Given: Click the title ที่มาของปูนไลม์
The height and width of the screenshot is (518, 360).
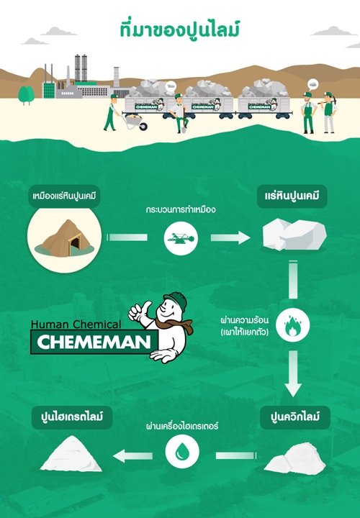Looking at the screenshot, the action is (179, 29).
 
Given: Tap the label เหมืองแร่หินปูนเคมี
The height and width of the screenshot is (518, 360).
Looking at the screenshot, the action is (64, 196).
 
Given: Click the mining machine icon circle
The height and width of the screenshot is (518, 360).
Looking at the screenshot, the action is (181, 238).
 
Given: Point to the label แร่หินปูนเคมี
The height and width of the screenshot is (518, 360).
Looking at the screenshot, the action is (292, 196).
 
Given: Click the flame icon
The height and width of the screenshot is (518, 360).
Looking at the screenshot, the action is (292, 324).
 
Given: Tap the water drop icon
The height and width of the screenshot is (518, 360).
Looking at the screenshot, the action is (182, 452).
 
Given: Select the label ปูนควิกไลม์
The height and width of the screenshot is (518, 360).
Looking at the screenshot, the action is (295, 417).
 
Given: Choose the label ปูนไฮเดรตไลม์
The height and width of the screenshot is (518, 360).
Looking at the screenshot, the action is (72, 417).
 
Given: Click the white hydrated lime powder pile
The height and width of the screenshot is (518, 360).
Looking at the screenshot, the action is (71, 454).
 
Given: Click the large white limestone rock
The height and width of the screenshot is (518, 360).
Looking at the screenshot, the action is (294, 235).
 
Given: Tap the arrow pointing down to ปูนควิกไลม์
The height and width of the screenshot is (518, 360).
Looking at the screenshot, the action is (293, 373).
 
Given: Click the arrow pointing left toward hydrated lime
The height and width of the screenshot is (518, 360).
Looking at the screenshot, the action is (133, 456).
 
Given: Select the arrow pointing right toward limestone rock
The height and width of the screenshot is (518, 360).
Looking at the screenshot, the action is (230, 237).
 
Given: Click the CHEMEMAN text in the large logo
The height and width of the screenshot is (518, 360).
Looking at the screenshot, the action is (94, 342).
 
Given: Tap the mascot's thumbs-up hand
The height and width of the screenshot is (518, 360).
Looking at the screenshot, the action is (139, 312).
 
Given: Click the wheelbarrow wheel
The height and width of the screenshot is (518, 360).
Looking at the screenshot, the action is (143, 126).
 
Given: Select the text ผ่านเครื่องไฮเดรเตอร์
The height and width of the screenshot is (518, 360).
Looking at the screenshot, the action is (182, 426).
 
